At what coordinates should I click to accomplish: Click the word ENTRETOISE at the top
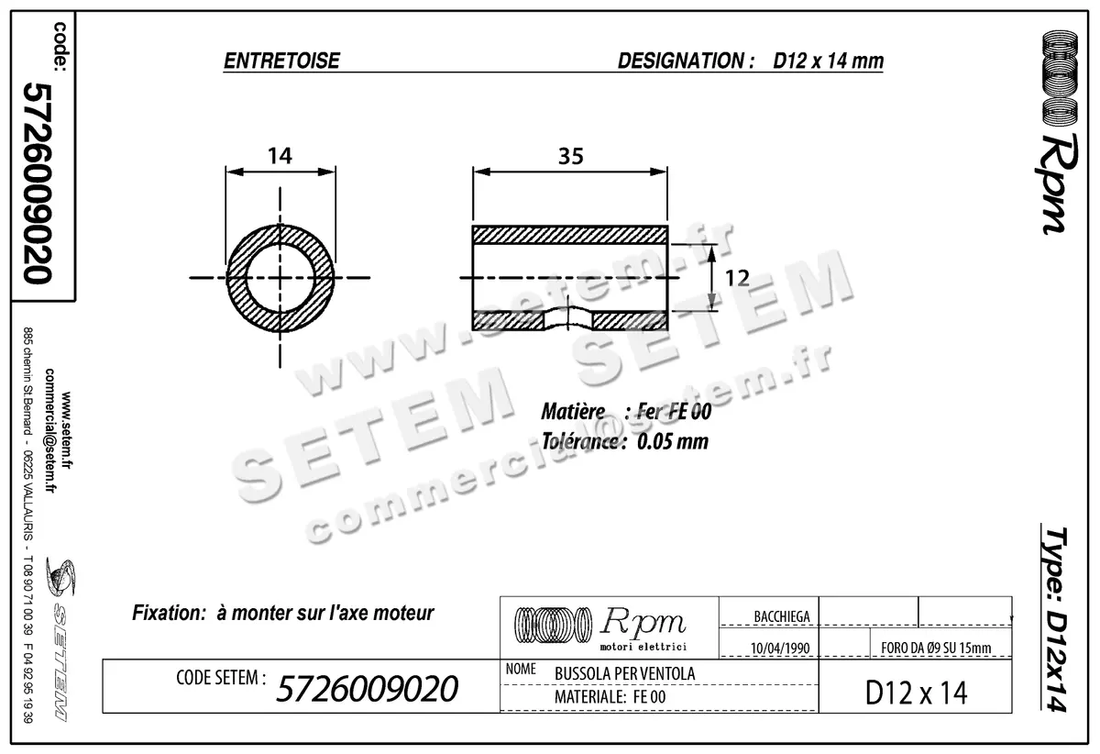pos(281,61)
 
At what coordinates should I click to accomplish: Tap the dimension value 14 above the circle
pos(280,155)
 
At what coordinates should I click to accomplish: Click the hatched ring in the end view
pos(239,277)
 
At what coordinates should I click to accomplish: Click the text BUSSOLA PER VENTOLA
pos(624,673)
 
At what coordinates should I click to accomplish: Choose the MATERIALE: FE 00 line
pos(610,698)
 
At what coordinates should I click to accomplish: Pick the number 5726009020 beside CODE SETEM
pos(367,688)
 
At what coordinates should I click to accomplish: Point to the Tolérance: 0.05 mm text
pos(624,440)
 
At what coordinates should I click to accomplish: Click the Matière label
pos(572,412)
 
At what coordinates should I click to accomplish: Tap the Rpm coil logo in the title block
pos(552,625)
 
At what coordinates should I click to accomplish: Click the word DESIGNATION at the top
pos(679,61)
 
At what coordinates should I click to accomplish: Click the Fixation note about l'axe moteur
pos(283,612)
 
